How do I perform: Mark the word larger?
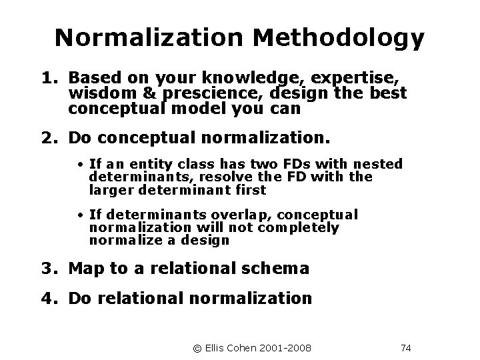point(109,190)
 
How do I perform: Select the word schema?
point(277,269)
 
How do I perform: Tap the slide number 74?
point(406,347)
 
